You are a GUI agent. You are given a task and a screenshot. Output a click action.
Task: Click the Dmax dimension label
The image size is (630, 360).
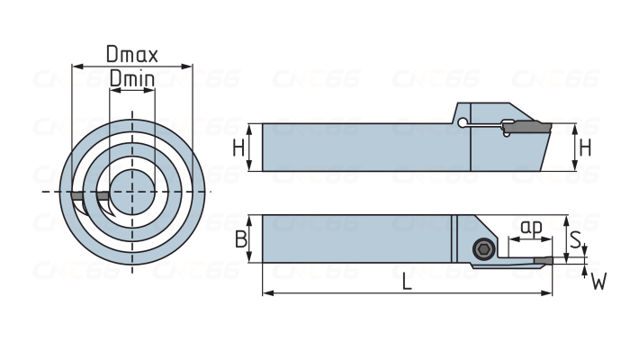131,54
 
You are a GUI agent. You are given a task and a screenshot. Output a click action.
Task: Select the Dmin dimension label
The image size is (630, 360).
131,79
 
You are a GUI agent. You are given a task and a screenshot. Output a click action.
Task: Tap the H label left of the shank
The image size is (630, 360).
238,148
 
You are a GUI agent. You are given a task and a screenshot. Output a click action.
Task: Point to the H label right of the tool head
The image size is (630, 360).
585,148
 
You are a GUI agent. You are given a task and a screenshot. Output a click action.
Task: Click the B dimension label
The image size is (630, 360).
239,239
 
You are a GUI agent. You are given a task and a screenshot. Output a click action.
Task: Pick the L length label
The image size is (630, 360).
407,283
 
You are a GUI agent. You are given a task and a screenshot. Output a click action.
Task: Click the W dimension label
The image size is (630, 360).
598,283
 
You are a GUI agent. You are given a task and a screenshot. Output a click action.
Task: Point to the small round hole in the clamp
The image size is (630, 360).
462,123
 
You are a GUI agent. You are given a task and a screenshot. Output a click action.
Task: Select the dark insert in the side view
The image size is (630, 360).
531,128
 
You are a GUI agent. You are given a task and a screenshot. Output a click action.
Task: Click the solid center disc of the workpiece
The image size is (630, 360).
132,190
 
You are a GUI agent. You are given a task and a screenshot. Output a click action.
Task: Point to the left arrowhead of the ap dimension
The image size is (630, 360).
511,240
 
